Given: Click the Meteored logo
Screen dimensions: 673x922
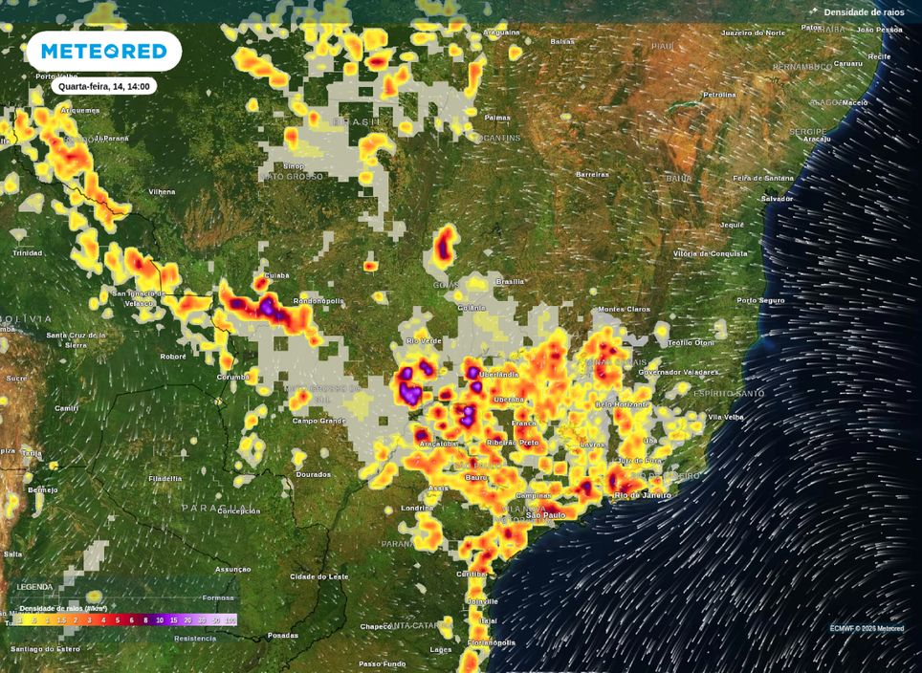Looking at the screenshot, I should pyautogui.click(x=103, y=51).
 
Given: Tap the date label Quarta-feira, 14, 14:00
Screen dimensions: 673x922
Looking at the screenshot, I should pyautogui.click(x=103, y=86).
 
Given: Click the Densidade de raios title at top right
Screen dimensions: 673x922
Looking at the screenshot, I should pyautogui.click(x=864, y=11).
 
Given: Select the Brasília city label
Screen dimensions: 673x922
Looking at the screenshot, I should pyautogui.click(x=510, y=281).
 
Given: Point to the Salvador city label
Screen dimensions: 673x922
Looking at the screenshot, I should pyautogui.click(x=777, y=198).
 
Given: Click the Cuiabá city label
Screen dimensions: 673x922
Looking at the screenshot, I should pyautogui.click(x=276, y=274).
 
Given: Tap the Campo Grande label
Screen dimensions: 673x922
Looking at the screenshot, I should pyautogui.click(x=318, y=421).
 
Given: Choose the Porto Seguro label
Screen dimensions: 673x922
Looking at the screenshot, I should pyautogui.click(x=760, y=300).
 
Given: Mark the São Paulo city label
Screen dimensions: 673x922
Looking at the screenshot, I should pyautogui.click(x=547, y=515).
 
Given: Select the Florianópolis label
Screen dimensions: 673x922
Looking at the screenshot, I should pyautogui.click(x=492, y=643).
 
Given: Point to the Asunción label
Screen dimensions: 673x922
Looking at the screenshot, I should pyautogui.click(x=232, y=569).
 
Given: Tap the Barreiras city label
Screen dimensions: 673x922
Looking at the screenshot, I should pyautogui.click(x=592, y=174).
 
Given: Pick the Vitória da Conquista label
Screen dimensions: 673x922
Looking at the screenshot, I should pyautogui.click(x=709, y=253).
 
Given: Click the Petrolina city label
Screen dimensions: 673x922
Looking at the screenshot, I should pyautogui.click(x=719, y=95).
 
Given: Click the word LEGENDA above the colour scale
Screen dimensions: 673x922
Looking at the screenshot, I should pyautogui.click(x=34, y=586).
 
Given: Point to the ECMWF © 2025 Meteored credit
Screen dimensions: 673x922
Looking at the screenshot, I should pyautogui.click(x=867, y=628).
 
